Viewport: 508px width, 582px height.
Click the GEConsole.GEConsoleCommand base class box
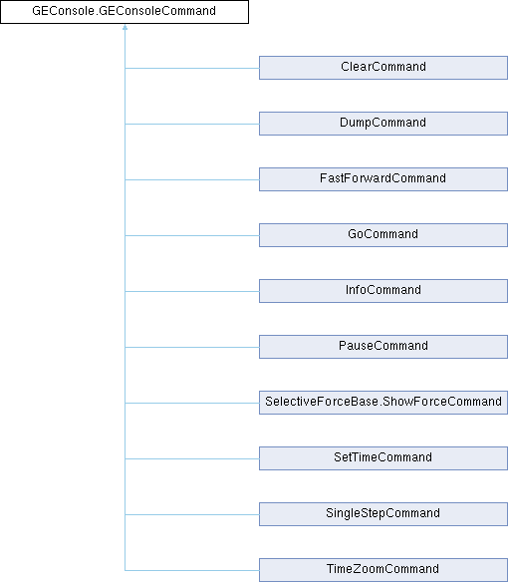[125, 12]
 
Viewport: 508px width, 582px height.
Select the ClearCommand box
[383, 68]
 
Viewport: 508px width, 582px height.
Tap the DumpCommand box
[383, 124]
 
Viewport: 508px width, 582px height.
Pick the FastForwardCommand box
[383, 179]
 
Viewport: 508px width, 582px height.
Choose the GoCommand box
[383, 235]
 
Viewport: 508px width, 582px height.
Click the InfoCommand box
[383, 291]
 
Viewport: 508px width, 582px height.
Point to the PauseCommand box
[383, 347]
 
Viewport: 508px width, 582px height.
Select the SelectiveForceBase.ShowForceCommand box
[383, 403]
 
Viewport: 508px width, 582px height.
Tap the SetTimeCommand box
[383, 458]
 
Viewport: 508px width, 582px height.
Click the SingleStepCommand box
[383, 514]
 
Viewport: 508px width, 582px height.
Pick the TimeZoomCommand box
[383, 570]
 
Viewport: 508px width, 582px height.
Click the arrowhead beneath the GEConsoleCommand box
[126, 27]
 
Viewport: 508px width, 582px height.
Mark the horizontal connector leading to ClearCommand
[192, 69]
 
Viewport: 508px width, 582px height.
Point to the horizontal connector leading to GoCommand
[192, 236]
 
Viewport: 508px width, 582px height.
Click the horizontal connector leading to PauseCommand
[192, 348]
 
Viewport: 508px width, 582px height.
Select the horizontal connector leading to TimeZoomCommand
[192, 570]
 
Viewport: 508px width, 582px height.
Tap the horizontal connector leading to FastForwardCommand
[192, 180]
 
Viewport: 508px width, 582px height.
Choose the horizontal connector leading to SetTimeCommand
[192, 458]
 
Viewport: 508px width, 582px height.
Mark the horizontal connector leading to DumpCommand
[192, 124]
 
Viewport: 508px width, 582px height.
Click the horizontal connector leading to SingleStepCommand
[192, 515]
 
